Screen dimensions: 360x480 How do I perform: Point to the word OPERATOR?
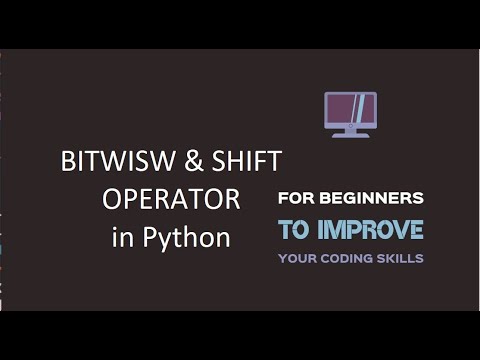click(171, 200)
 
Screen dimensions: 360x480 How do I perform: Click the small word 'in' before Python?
click(120, 238)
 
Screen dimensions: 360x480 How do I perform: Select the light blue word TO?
click(293, 229)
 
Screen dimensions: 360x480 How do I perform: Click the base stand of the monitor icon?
click(351, 134)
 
